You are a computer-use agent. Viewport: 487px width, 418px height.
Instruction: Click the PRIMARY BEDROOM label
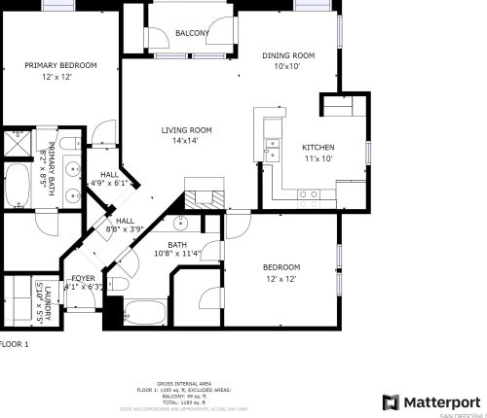61,65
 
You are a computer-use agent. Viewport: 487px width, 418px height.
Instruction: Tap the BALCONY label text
192,33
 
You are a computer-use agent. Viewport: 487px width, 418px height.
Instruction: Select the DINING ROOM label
288,55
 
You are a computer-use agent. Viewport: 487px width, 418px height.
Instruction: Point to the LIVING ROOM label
186,129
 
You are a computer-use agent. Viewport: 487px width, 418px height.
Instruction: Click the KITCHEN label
318,147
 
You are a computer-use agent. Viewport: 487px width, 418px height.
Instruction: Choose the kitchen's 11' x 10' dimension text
318,157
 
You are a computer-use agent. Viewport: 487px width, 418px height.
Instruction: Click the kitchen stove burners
309,194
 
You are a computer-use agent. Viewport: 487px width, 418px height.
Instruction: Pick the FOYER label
83,278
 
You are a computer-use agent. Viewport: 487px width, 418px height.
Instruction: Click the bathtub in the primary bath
18,185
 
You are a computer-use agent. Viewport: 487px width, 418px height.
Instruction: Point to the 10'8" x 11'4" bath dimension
177,255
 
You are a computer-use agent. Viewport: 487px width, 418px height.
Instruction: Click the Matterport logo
431,401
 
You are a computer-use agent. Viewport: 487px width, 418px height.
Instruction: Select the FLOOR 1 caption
15,344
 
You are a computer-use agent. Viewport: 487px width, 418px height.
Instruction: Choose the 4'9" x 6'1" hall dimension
108,182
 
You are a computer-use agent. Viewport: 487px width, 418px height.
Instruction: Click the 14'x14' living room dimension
186,141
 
